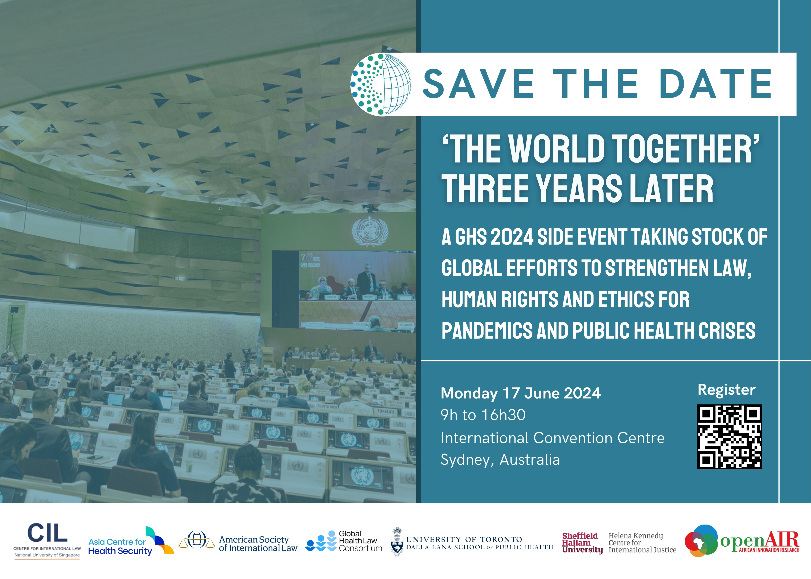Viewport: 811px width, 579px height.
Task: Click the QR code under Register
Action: (x=729, y=436)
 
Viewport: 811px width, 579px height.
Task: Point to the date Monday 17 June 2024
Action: (x=520, y=393)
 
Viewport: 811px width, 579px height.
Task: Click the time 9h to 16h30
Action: (x=483, y=415)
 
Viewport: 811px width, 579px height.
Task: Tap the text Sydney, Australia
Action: (x=500, y=460)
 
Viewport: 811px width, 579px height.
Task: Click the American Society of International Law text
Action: (x=258, y=544)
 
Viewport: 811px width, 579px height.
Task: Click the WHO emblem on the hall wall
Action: (x=370, y=231)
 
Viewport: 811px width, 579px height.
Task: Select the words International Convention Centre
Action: (x=552, y=438)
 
